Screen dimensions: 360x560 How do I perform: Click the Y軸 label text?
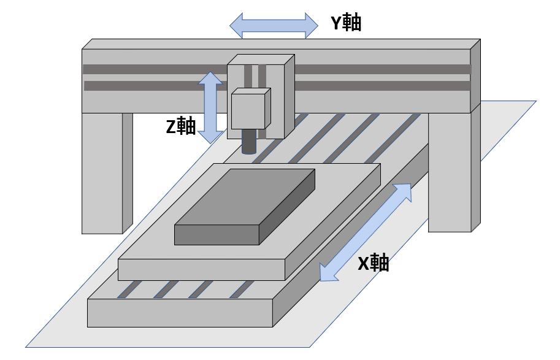pyautogui.click(x=346, y=23)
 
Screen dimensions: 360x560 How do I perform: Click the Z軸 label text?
pyautogui.click(x=181, y=126)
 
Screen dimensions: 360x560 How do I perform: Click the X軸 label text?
pyautogui.click(x=374, y=264)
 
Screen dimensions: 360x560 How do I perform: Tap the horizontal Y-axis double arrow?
pyautogui.click(x=274, y=25)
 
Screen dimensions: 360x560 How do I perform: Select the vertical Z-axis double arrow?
pyautogui.click(x=210, y=107)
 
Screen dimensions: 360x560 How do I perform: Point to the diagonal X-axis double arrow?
pyautogui.click(x=366, y=232)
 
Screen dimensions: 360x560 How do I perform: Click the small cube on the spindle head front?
pyautogui.click(x=248, y=111)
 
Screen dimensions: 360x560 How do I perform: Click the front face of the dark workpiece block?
pyautogui.click(x=217, y=234)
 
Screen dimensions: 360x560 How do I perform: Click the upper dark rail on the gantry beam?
pyautogui.click(x=153, y=69)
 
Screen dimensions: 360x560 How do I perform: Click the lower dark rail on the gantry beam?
pyautogui.click(x=153, y=86)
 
